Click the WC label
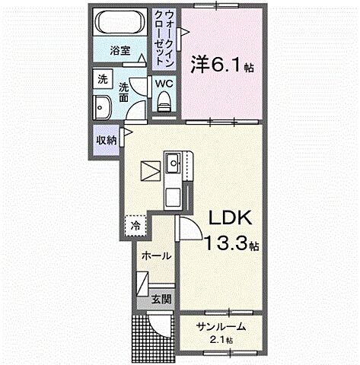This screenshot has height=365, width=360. [164, 84]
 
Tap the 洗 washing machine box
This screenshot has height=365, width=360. [102, 78]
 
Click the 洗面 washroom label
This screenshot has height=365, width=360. [123, 92]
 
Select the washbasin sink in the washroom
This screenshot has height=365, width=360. [102, 106]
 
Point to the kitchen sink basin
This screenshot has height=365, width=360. [174, 161]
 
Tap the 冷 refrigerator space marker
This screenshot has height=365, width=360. [135, 225]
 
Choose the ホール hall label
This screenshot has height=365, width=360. [155, 256]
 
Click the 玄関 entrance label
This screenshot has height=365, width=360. [159, 299]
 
